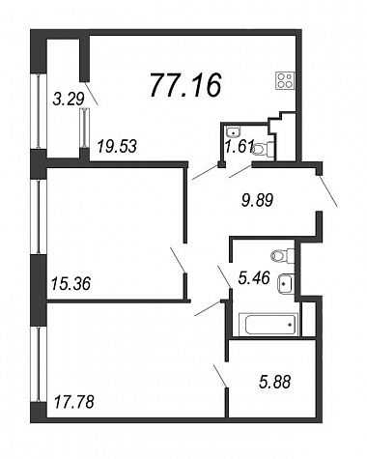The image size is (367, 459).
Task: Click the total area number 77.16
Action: pyautogui.click(x=185, y=85)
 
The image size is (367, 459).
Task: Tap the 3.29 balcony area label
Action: pyautogui.click(x=69, y=99)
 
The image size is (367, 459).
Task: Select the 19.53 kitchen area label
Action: pyautogui.click(x=118, y=146)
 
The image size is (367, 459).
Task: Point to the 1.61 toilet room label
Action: pyautogui.click(x=240, y=147)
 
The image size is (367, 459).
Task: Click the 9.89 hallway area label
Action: pyautogui.click(x=257, y=201)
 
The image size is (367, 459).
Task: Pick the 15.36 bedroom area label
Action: pyautogui.click(x=71, y=284)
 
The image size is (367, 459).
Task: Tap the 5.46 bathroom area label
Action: pyautogui.click(x=254, y=277)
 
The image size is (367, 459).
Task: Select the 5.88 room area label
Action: pyautogui.click(x=274, y=382)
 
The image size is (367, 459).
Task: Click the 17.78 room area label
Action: pyautogui.click(x=74, y=402)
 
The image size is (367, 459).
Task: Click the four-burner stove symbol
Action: pyautogui.click(x=285, y=80)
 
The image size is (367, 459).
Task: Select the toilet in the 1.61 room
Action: pyautogui.click(x=264, y=149)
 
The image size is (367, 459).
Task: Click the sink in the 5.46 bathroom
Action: pyautogui.click(x=286, y=284)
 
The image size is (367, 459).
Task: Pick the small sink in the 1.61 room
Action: pyautogui.click(x=233, y=131)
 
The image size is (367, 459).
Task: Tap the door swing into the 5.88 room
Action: pyautogui.click(x=221, y=376)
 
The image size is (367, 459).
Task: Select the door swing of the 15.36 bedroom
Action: pyautogui.click(x=178, y=260)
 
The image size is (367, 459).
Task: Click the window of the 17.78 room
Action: pyautogui.click(x=39, y=364)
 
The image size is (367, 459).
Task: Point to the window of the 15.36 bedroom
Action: pyautogui.click(x=39, y=216)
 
